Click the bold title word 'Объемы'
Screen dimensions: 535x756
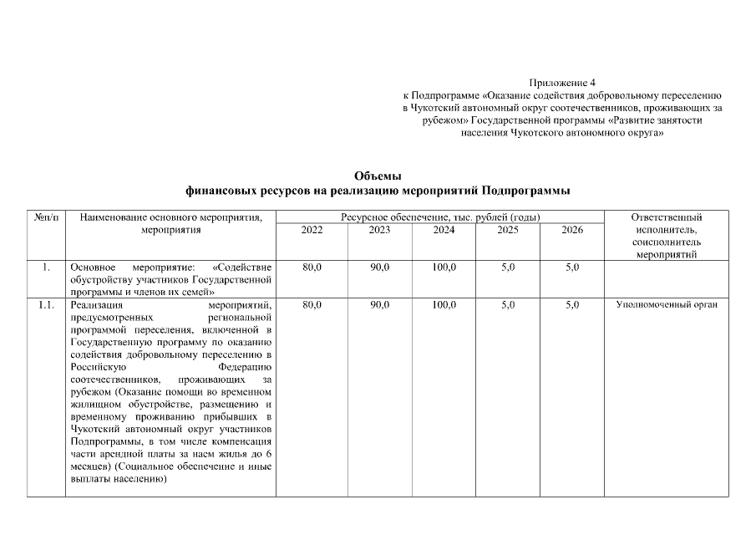tap(378, 176)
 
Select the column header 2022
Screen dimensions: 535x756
tap(312, 230)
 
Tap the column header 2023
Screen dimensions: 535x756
tap(379, 230)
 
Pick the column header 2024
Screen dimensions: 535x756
tap(444, 230)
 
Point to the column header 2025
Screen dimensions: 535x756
tap(508, 230)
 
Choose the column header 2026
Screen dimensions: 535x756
tap(571, 230)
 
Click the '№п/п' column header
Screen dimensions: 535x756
tap(46, 217)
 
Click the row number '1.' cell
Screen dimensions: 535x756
tap(46, 267)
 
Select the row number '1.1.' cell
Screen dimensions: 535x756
tap(46, 305)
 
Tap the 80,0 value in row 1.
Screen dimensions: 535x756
tap(312, 267)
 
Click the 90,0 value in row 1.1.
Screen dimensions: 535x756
tap(379, 305)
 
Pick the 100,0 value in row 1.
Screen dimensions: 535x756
tap(444, 267)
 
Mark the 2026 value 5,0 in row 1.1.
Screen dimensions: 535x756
tap(571, 305)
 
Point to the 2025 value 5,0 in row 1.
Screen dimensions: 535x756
tap(508, 267)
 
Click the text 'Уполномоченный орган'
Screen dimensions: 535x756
tap(667, 305)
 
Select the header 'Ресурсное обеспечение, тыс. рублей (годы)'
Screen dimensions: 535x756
tap(440, 217)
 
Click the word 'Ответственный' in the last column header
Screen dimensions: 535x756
tap(667, 217)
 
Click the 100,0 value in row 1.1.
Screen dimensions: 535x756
tap(444, 305)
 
